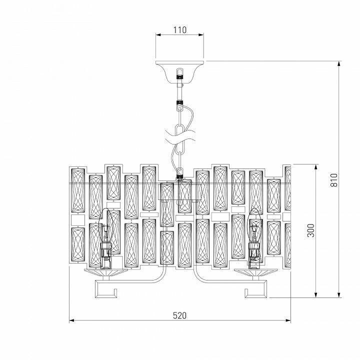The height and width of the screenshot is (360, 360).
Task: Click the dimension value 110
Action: [x=179, y=30]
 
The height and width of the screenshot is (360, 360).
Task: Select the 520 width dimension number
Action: [x=179, y=315]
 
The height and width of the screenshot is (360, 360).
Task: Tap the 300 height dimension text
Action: [x=310, y=230]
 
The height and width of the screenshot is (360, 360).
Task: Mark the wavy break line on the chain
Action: [x=179, y=133]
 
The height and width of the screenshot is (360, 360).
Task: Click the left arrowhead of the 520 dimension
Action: [x=71, y=320]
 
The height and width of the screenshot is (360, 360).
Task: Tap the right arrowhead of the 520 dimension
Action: [x=288, y=320]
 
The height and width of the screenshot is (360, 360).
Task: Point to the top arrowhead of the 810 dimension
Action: [x=339, y=63]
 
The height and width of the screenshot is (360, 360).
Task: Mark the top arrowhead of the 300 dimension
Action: [x=316, y=166]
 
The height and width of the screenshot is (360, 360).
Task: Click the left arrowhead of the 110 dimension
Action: [x=158, y=35]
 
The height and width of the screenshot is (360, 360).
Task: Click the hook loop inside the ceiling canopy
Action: [x=179, y=74]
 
